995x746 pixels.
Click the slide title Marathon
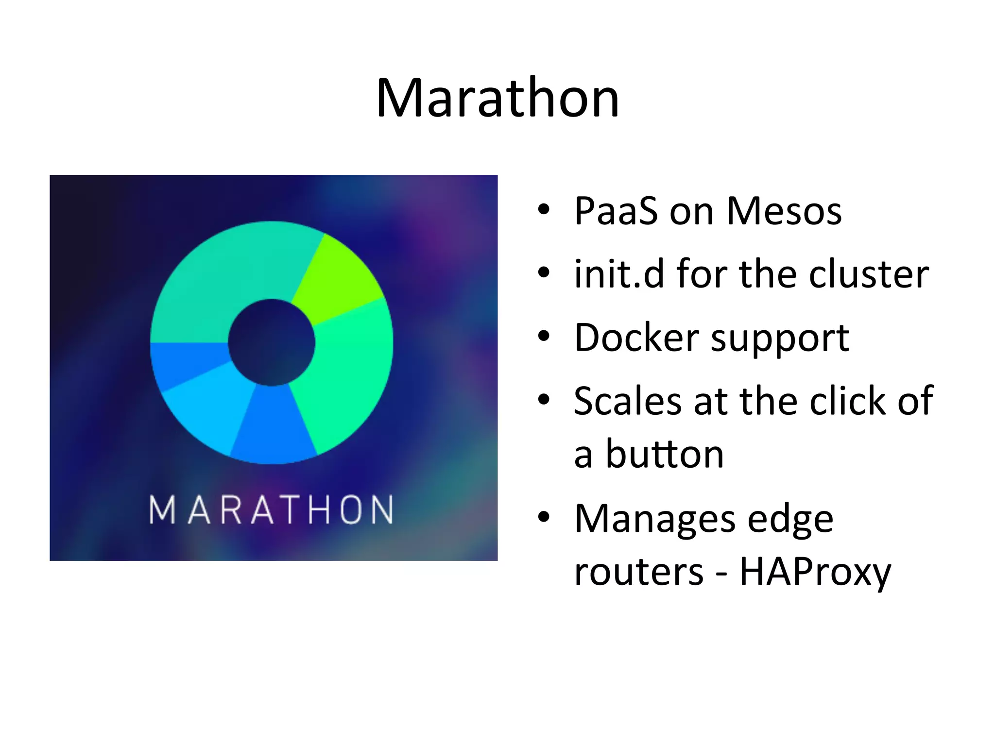click(x=497, y=98)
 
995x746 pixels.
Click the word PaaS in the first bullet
click(x=616, y=211)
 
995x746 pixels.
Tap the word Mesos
click(x=784, y=211)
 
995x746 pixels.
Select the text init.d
click(x=618, y=274)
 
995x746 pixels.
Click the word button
click(x=664, y=454)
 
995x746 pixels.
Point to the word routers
click(x=638, y=572)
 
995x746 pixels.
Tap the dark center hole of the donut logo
click(x=272, y=342)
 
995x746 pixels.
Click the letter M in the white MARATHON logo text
click(x=162, y=510)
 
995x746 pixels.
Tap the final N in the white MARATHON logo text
click(x=380, y=510)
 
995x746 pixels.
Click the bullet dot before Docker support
click(x=544, y=336)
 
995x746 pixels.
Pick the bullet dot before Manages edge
click(x=544, y=517)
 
